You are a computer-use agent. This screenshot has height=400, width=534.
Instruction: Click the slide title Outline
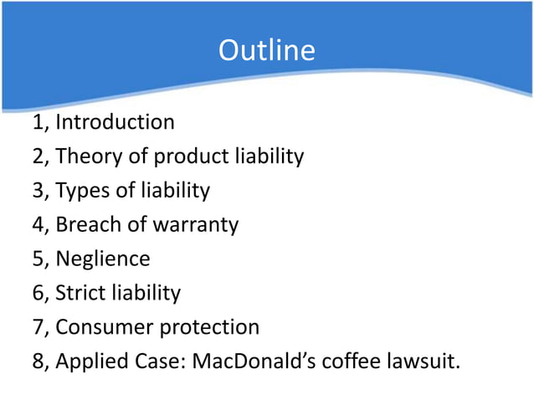[x=266, y=51]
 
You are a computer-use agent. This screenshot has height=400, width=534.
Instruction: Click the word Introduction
[x=115, y=122]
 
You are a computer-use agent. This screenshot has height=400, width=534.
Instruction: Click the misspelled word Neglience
[x=103, y=259]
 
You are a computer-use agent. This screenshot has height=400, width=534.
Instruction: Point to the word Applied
[x=91, y=362]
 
